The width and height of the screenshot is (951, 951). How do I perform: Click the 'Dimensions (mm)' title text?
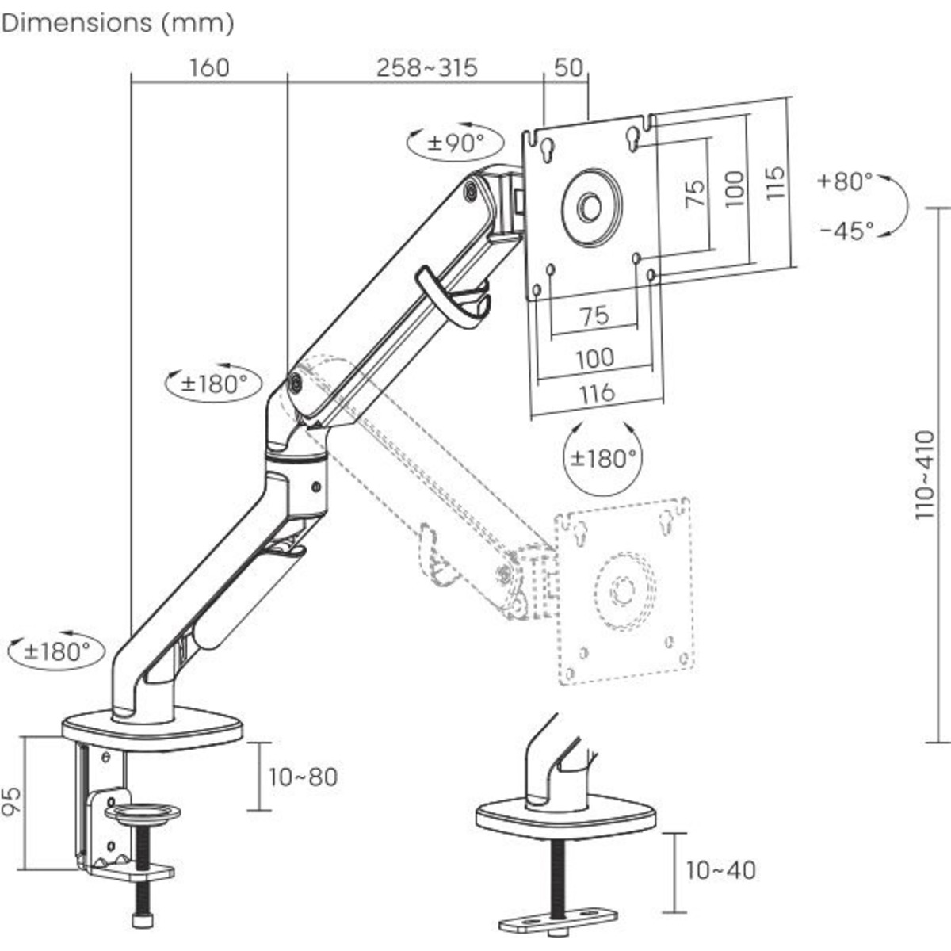click(x=118, y=23)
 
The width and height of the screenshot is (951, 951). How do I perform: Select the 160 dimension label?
click(x=209, y=67)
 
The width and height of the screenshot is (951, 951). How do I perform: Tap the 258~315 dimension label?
click(x=427, y=67)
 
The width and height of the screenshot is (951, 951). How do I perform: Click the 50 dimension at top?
click(x=568, y=67)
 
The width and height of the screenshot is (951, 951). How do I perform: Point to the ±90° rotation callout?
click(x=456, y=143)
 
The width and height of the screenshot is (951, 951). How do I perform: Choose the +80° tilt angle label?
click(x=845, y=181)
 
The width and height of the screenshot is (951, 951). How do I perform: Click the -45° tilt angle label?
click(x=846, y=231)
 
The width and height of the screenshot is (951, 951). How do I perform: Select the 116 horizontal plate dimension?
click(x=596, y=392)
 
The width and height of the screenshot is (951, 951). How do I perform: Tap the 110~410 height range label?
click(x=924, y=475)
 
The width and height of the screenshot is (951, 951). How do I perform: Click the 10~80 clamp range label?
click(x=303, y=777)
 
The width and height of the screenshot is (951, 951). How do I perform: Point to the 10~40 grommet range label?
click(x=720, y=870)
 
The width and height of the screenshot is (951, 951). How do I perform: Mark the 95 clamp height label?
click(x=10, y=802)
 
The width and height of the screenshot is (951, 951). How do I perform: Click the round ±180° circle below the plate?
click(x=603, y=458)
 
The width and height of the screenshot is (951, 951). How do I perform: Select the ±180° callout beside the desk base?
click(x=56, y=651)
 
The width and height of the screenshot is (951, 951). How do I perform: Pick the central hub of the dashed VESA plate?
click(x=623, y=590)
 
